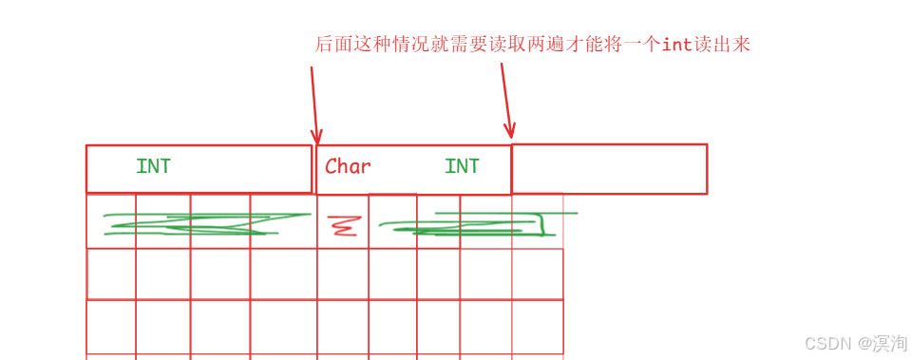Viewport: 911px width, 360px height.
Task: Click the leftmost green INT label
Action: click(x=153, y=167)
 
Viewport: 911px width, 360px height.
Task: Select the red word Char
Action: click(x=348, y=167)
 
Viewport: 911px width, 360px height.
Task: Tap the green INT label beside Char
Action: click(x=462, y=167)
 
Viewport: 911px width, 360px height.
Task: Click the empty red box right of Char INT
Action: click(x=609, y=169)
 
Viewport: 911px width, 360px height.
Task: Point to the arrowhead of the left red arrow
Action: click(x=316, y=138)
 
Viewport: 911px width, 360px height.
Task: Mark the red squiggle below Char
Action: click(x=342, y=226)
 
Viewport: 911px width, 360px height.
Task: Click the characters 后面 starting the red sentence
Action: click(x=332, y=45)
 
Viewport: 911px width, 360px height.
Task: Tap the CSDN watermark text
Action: click(x=825, y=343)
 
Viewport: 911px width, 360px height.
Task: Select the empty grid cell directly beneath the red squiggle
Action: click(x=342, y=274)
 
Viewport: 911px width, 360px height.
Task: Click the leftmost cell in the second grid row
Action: click(x=111, y=274)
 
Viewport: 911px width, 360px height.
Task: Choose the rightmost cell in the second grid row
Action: click(x=537, y=274)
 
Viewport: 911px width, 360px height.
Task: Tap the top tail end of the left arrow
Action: click(x=312, y=68)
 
